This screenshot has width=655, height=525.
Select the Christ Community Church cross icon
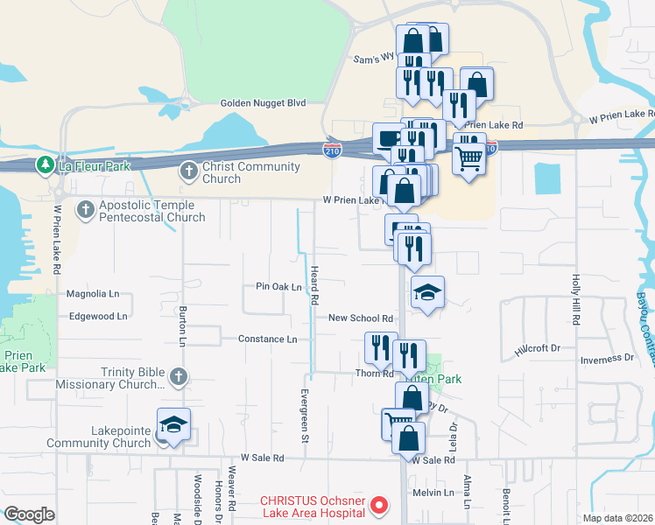pyautogui.click(x=188, y=171)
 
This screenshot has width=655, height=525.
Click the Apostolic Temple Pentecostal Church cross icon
pyautogui.click(x=85, y=209)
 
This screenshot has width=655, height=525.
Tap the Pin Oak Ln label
pyautogui.click(x=278, y=287)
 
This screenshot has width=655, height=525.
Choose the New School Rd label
pyautogui.click(x=360, y=319)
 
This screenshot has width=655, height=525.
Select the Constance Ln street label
pyautogui.click(x=268, y=339)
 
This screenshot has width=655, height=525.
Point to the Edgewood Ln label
pyautogui.click(x=98, y=316)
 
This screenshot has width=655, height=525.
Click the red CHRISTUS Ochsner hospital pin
pyautogui.click(x=379, y=504)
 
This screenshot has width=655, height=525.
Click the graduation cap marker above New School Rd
pyautogui.click(x=428, y=291)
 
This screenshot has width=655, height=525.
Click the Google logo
pyautogui.click(x=30, y=514)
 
